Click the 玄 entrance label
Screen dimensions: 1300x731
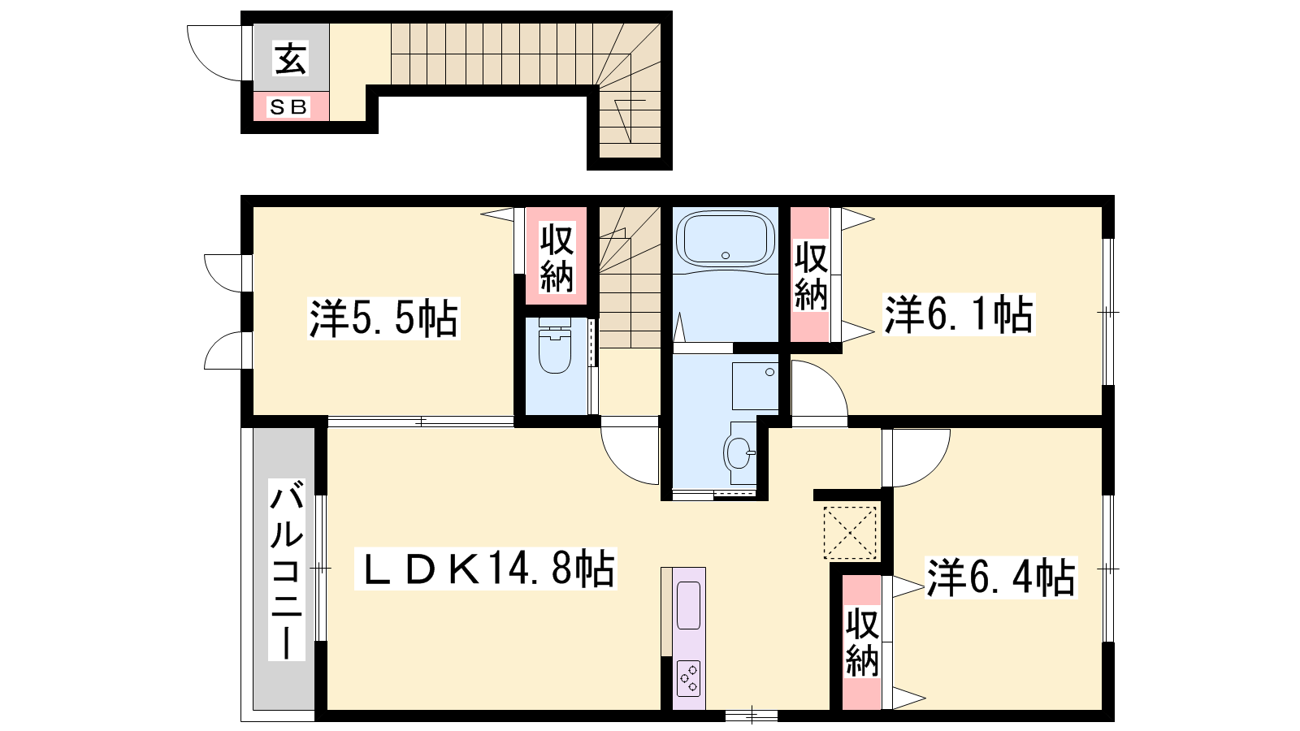(290, 58)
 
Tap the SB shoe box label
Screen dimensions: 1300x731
(288, 106)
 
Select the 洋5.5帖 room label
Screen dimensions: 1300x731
(383, 318)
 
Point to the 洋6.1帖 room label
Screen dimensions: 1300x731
(959, 314)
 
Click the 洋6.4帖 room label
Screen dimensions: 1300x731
(1001, 577)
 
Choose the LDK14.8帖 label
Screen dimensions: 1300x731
(485, 569)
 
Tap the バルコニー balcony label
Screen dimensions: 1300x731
(287, 569)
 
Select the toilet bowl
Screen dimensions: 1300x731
(555, 347)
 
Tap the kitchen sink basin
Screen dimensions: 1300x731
(689, 605)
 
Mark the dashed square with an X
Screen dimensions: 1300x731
(850, 533)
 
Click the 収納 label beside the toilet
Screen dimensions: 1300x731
(557, 257)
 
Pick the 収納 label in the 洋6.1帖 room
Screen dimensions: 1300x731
(811, 276)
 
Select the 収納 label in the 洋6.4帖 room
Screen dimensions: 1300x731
(862, 642)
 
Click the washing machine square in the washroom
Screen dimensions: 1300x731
(755, 387)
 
